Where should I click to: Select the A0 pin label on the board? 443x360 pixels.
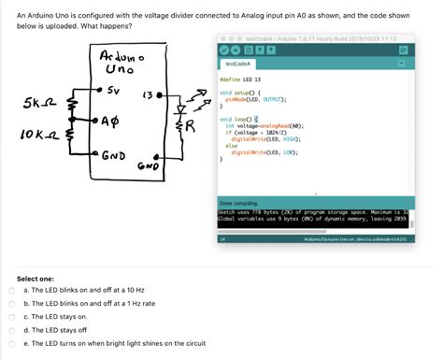110,122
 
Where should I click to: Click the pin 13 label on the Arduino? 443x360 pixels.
147,96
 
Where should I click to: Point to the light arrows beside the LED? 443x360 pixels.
197,94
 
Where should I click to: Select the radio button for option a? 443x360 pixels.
10,291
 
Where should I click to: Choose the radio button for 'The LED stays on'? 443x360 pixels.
10,317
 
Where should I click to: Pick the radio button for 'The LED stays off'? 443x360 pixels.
10,330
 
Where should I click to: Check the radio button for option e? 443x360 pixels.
10,343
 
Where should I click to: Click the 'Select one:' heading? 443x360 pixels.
36,278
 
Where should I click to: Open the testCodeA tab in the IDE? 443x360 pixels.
236,65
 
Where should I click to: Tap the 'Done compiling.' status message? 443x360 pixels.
238,203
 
